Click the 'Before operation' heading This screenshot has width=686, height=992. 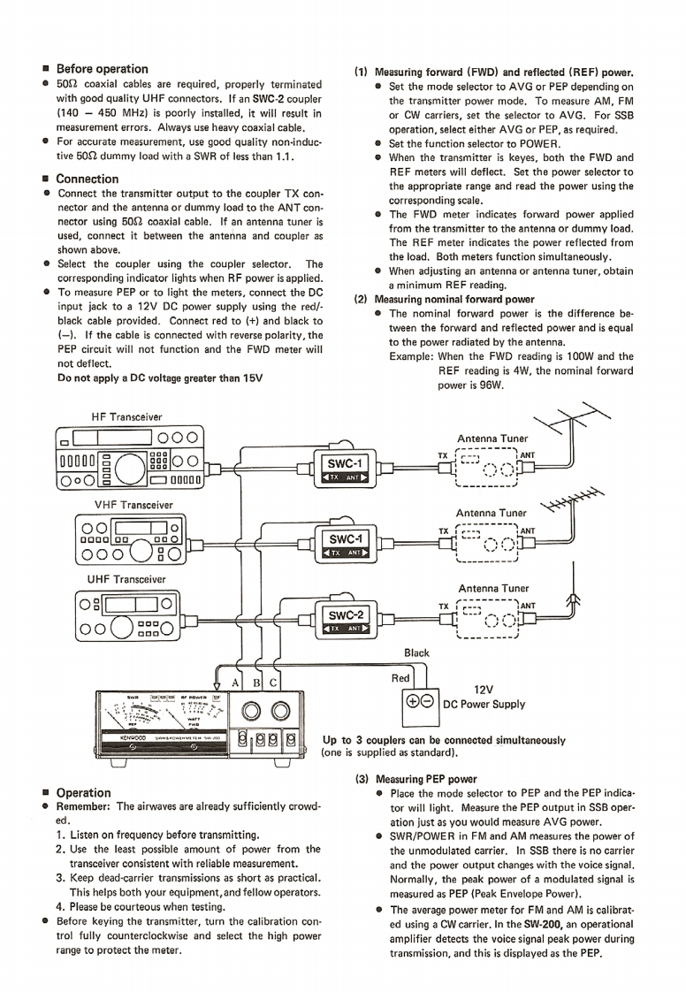click(x=102, y=68)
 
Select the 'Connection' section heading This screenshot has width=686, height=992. click(x=87, y=178)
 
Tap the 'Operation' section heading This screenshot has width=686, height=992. click(x=83, y=792)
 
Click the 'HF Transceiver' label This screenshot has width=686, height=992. click(x=126, y=416)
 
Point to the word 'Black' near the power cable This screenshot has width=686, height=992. click(x=416, y=653)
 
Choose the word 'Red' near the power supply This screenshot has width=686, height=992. click(x=400, y=678)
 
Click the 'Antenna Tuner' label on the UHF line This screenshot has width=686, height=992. click(x=492, y=588)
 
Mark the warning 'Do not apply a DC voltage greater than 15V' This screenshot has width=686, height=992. click(x=160, y=378)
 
